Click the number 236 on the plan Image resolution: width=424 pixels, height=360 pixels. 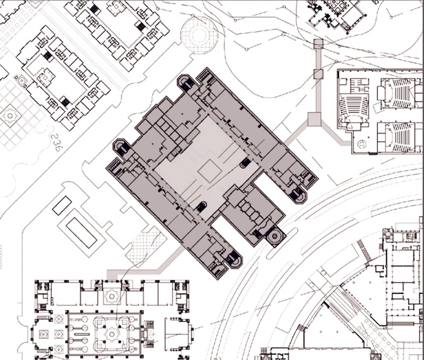54,142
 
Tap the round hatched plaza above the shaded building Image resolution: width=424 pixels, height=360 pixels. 199,35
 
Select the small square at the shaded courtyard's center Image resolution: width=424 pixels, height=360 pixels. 209,171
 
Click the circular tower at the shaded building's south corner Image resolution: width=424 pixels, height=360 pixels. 275,235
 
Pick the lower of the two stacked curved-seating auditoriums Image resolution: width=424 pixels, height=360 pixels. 394,136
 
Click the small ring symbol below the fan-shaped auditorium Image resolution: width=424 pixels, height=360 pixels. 363,143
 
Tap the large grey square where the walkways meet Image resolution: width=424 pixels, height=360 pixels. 314,119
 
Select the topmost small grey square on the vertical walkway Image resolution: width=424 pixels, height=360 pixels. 318,44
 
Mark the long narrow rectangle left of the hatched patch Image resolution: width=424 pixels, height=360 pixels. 81,232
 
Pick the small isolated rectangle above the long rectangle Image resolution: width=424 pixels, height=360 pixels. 62,205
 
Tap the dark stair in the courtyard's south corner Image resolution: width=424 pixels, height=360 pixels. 201,208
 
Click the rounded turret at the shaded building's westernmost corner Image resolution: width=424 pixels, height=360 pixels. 120,147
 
